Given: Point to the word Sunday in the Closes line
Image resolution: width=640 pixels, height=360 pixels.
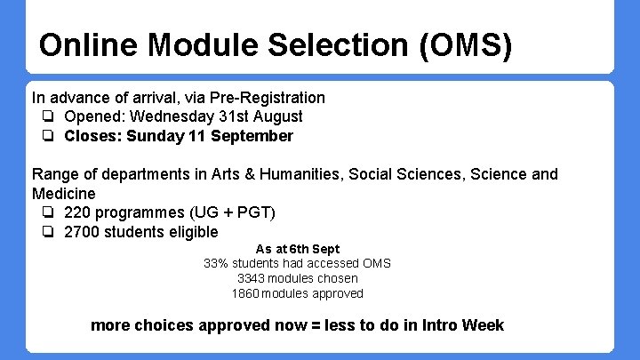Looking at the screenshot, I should tap(155, 136).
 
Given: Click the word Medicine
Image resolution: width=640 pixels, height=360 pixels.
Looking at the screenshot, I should tap(63, 193).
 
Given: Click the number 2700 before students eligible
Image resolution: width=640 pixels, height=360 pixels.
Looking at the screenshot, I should tap(82, 232).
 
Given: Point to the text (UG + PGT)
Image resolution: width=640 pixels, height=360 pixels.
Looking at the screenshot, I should tap(232, 212).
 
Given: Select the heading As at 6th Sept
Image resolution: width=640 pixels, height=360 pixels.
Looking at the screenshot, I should tap(297, 249).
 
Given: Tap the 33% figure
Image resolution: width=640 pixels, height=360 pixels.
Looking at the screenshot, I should tap(216, 263).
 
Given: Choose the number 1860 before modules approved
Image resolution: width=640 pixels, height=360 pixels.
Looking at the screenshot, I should tap(246, 293).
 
